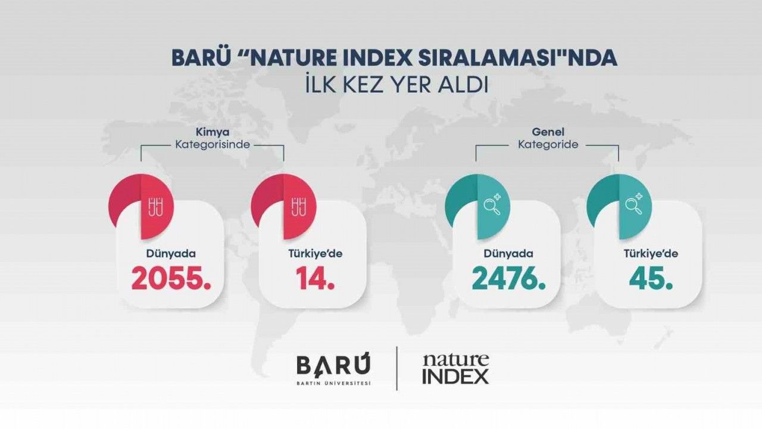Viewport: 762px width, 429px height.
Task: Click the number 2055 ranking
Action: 171,278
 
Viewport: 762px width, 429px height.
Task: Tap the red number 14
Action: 315,278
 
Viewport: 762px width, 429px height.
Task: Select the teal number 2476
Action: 508,278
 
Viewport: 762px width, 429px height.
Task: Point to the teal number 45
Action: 651,278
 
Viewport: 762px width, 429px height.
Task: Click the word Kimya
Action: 213,132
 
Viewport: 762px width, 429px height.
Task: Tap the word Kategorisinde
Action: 213,145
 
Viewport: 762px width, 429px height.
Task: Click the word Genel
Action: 548,132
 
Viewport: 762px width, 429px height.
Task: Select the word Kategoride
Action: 548,145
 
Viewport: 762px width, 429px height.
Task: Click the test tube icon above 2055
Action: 155,207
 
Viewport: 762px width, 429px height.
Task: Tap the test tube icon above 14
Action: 298,207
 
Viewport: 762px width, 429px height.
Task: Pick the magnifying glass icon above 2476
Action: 492,204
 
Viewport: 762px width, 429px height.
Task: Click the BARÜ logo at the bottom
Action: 333,369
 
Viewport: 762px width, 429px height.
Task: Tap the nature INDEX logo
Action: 456,369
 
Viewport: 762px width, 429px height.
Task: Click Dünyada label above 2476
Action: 508,254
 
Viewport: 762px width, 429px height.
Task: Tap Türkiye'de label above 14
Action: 316,254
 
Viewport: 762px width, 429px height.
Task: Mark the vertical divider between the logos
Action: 397,368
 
